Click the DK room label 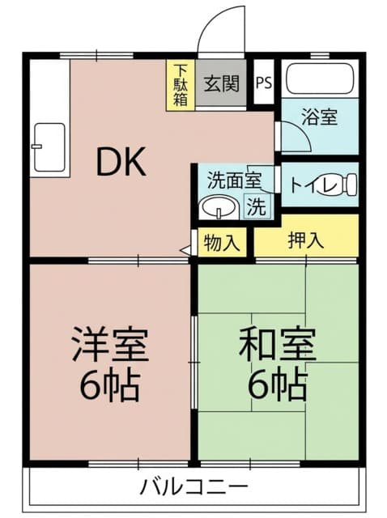pyautogui.click(x=121, y=162)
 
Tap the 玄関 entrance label pyautogui.click(x=221, y=83)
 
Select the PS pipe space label pyautogui.click(x=264, y=83)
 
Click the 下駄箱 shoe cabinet pyautogui.click(x=181, y=85)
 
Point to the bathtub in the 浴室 pyautogui.click(x=320, y=79)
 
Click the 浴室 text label pyautogui.click(x=319, y=117)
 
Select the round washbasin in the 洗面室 pyautogui.click(x=219, y=207)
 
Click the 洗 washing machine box pyautogui.click(x=257, y=206)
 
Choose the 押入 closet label pyautogui.click(x=305, y=240)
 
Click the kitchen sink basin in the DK pyautogui.click(x=49, y=147)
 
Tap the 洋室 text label pyautogui.click(x=110, y=343)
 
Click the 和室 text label pyautogui.click(x=278, y=343)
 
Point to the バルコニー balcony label pyautogui.click(x=193, y=486)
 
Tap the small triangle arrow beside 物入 pyautogui.click(x=185, y=250)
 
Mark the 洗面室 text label pyautogui.click(x=234, y=180)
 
